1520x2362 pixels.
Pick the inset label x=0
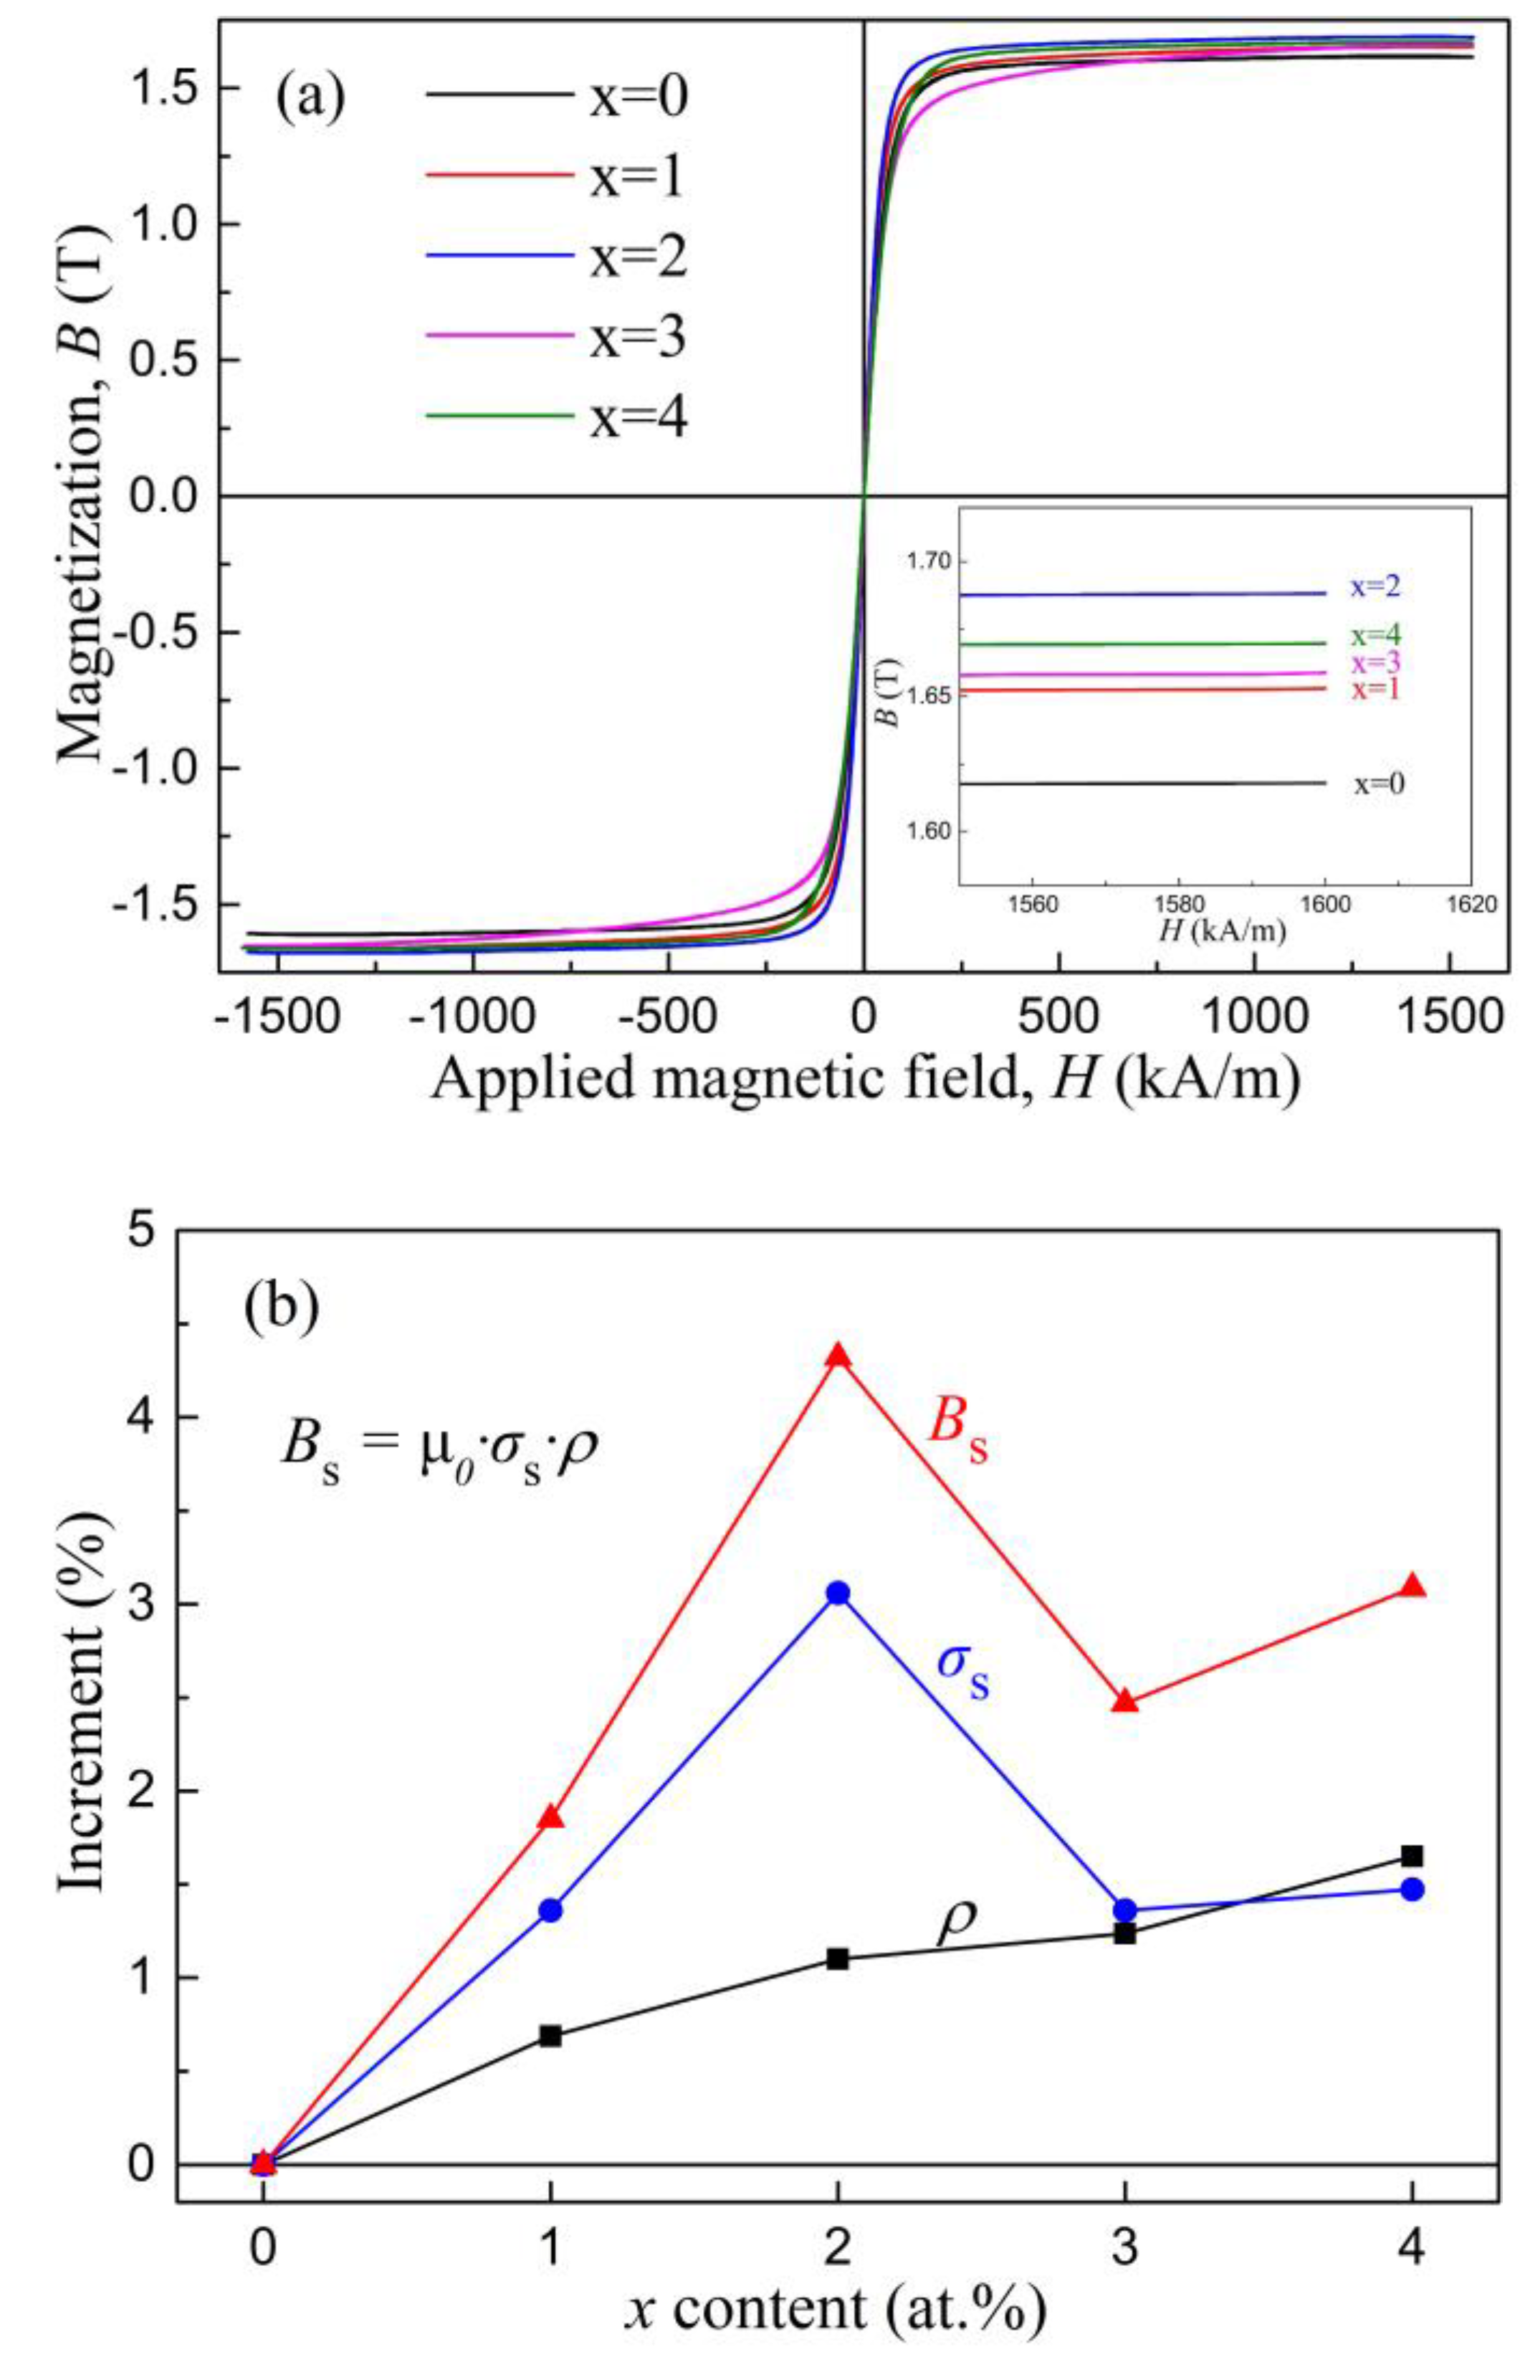point(1379,785)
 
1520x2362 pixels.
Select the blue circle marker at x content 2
point(838,1592)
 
